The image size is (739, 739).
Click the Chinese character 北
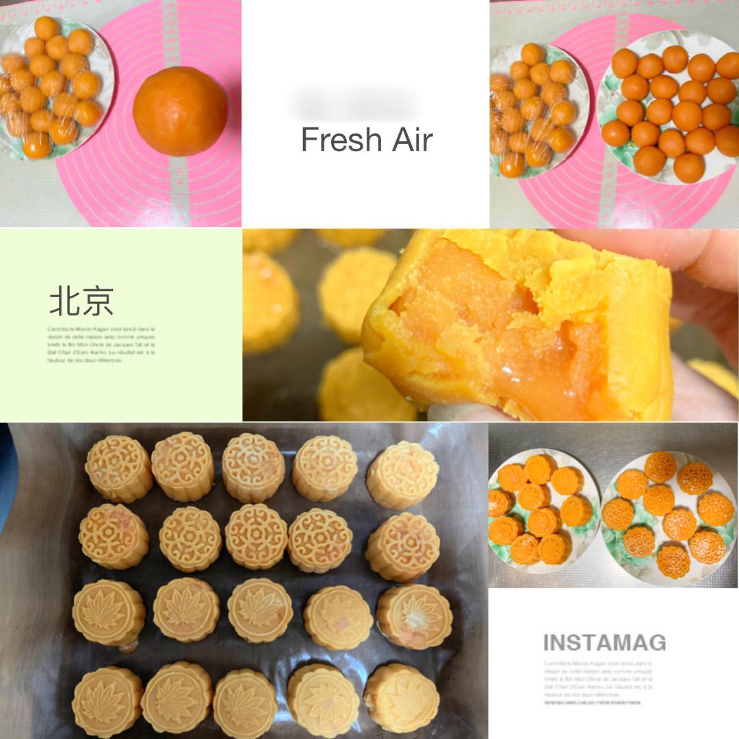pyautogui.click(x=64, y=300)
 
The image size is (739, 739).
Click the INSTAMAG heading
pyautogui.click(x=604, y=643)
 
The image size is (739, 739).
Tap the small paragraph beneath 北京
pyautogui.click(x=101, y=344)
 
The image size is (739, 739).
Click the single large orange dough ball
pyautogui.click(x=180, y=111)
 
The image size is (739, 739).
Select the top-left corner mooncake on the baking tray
pyautogui.click(x=118, y=468)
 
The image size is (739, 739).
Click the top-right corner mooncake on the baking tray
pyautogui.click(x=402, y=474)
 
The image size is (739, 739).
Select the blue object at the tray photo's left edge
pyautogui.click(x=8, y=479)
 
